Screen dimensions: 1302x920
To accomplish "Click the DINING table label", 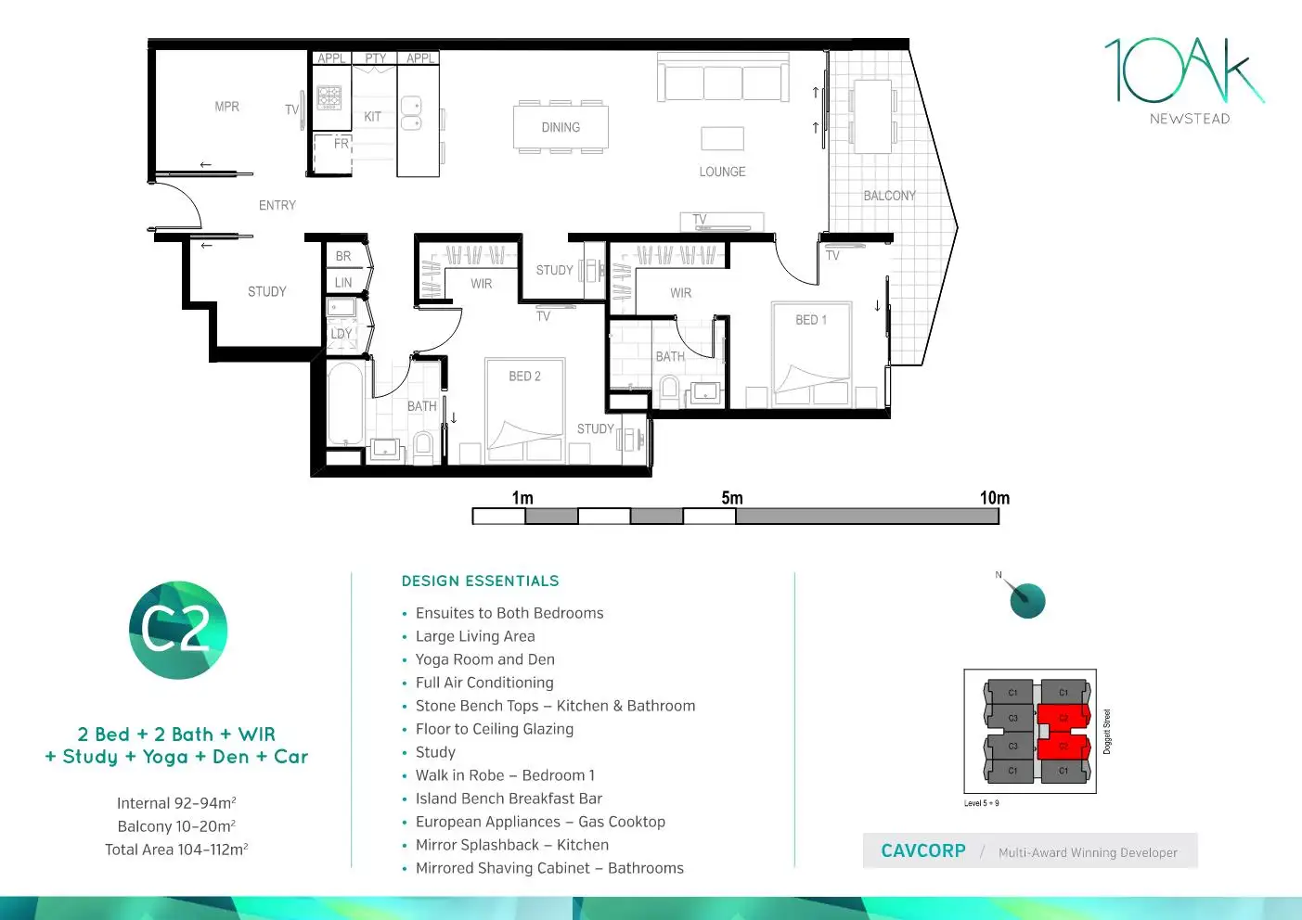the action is pyautogui.click(x=561, y=128).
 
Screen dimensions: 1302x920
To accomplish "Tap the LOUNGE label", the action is pyautogui.click(x=722, y=172).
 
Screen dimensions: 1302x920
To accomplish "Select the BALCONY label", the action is pyautogui.click(x=889, y=196).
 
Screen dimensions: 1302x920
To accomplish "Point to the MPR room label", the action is pyautogui.click(x=226, y=107).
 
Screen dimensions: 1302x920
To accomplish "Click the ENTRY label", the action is pyautogui.click(x=277, y=205).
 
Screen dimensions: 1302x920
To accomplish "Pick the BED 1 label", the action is pyautogui.click(x=810, y=320).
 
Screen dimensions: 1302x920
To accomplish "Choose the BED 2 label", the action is pyautogui.click(x=524, y=377).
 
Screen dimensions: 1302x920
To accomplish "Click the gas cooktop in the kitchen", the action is pyautogui.click(x=329, y=97).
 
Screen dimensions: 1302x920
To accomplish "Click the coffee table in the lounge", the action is pyautogui.click(x=722, y=138).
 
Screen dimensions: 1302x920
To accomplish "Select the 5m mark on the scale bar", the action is pyautogui.click(x=732, y=499).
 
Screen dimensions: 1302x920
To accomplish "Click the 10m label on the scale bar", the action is pyautogui.click(x=994, y=498).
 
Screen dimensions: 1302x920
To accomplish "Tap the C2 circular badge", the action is pyautogui.click(x=177, y=631).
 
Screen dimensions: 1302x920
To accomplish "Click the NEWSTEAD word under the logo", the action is pyautogui.click(x=1190, y=119).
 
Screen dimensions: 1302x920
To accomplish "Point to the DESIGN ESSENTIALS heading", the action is pyautogui.click(x=480, y=581).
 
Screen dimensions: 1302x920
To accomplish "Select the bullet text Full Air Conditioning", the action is pyautogui.click(x=484, y=683).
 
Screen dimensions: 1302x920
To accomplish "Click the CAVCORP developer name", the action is pyautogui.click(x=922, y=851).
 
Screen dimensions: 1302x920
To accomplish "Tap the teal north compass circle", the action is pyautogui.click(x=1027, y=601).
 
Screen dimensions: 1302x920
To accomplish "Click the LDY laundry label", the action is pyautogui.click(x=341, y=334).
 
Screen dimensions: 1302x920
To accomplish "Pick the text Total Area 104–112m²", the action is pyautogui.click(x=176, y=850).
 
